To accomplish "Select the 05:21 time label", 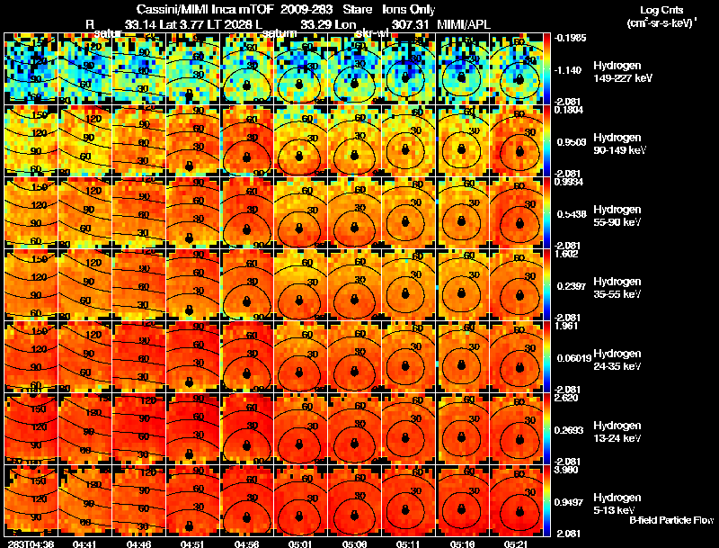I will pos(515,544).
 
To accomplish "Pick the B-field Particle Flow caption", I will pos(670,519).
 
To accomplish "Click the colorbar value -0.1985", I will pos(572,38).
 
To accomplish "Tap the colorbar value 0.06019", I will pos(573,358).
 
